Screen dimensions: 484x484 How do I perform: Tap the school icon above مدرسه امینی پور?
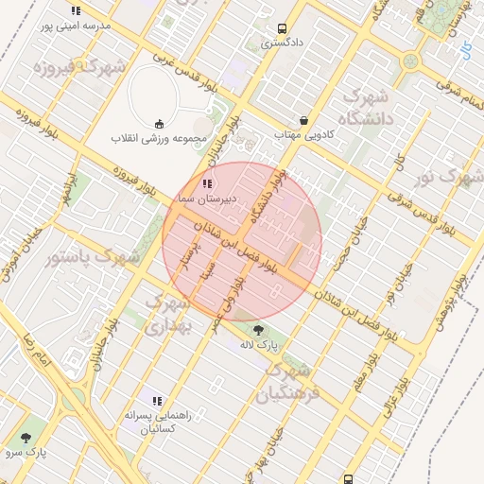pos(76,11)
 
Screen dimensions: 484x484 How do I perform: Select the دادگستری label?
pos(282,43)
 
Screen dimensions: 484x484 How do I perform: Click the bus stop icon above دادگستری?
pos(282,28)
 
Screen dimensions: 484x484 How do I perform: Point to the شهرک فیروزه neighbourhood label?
pos(79,68)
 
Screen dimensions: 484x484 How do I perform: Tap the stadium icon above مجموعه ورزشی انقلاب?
pos(159,124)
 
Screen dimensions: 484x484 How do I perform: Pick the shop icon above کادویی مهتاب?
pos(303,120)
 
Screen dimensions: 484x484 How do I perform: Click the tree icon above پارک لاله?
pos(259,330)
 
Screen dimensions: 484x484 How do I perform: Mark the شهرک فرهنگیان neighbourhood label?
pos(302,379)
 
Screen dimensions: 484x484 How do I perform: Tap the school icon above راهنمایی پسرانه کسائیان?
pos(157,401)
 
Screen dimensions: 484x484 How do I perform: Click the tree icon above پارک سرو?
pos(25,438)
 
